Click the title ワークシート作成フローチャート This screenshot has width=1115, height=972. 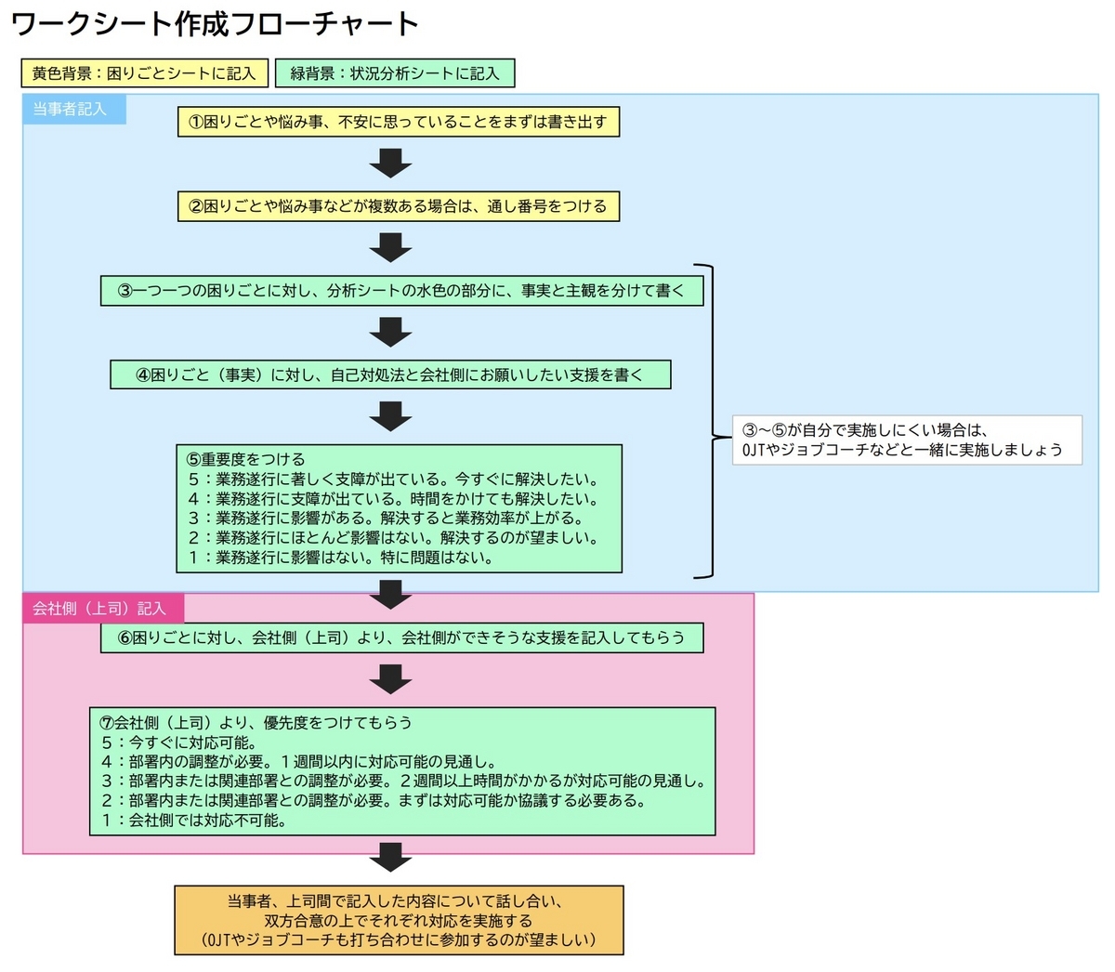tap(215, 24)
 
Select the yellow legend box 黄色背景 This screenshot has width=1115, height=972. tap(144, 73)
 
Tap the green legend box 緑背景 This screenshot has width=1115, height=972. tap(395, 73)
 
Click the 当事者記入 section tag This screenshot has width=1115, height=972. tap(74, 109)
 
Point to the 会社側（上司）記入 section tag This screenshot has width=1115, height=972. tap(103, 608)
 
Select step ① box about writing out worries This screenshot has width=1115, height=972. tap(399, 122)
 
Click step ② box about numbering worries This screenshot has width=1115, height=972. tap(399, 206)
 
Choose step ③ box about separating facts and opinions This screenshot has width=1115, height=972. tap(401, 291)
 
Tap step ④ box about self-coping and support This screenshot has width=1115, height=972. tap(390, 374)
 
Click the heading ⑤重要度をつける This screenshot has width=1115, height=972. tap(246, 459)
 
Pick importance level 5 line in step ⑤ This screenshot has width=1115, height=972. tap(393, 479)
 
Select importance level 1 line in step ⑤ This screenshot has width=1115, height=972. tap(341, 558)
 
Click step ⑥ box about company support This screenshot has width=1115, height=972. tap(401, 637)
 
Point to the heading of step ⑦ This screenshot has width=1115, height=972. tap(256, 722)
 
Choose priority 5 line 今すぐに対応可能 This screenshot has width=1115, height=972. tap(179, 742)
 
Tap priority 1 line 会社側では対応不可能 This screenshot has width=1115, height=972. tap(194, 820)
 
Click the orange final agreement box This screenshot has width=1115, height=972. tap(399, 920)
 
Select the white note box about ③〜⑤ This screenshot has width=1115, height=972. tap(908, 440)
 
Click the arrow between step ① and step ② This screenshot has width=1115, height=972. tap(391, 163)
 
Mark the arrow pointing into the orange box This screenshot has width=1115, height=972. tap(391, 857)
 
